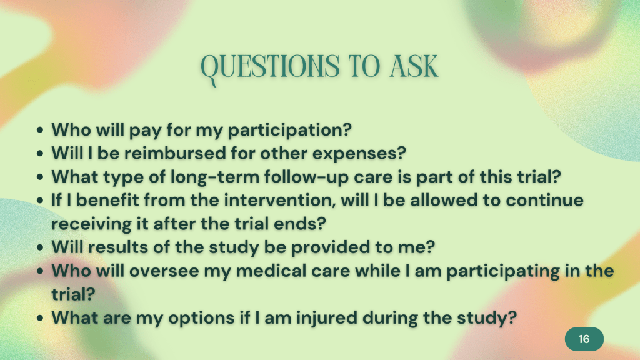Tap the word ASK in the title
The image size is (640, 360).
[414, 66]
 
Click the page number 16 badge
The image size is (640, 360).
[584, 339]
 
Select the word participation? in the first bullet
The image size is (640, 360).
[289, 130]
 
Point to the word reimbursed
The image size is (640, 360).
[175, 153]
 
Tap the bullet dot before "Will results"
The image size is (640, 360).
[39, 247]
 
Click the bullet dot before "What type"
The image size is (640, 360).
[39, 177]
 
